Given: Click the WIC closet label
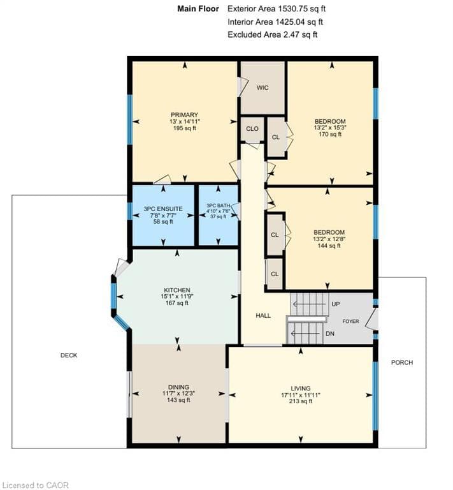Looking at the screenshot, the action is [262, 88].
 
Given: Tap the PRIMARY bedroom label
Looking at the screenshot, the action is [184, 115].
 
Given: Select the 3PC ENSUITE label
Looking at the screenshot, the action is [163, 209].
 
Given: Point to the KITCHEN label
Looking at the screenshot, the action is [177, 290].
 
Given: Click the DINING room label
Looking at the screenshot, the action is [178, 387].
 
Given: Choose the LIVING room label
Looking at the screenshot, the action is [301, 388].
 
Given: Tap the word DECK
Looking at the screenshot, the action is [69, 355].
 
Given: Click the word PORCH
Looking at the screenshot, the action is [402, 362].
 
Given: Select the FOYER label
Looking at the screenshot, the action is [350, 322].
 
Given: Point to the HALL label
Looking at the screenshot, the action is [263, 316].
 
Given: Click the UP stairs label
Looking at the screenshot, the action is [336, 304].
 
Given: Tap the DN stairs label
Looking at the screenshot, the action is [330, 334].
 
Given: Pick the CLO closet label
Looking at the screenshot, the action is [252, 129].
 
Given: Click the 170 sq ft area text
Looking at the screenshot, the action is [330, 135].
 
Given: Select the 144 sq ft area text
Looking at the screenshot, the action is [329, 246].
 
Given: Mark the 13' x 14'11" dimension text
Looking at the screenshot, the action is [184, 122].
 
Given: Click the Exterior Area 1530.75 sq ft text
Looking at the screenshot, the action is [277, 9].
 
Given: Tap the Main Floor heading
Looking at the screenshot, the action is [198, 9].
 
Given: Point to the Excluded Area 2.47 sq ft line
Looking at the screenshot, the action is [272, 34].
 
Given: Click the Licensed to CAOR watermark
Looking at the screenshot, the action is [35, 485].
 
